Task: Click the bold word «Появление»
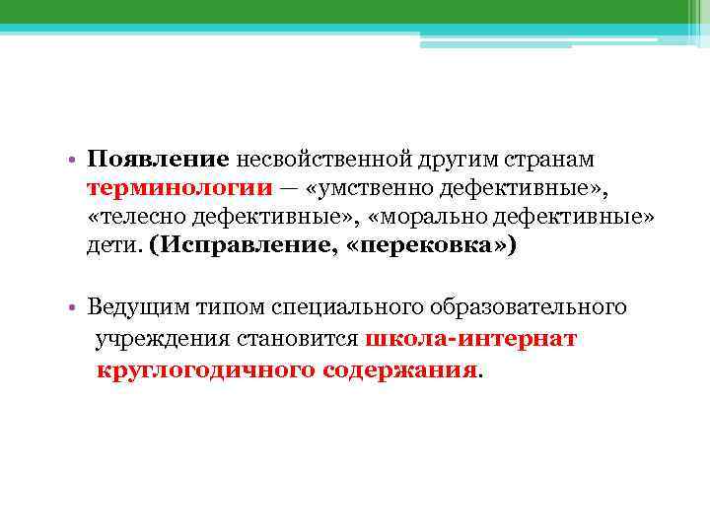coord(158,160)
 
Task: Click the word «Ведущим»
coord(132,308)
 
